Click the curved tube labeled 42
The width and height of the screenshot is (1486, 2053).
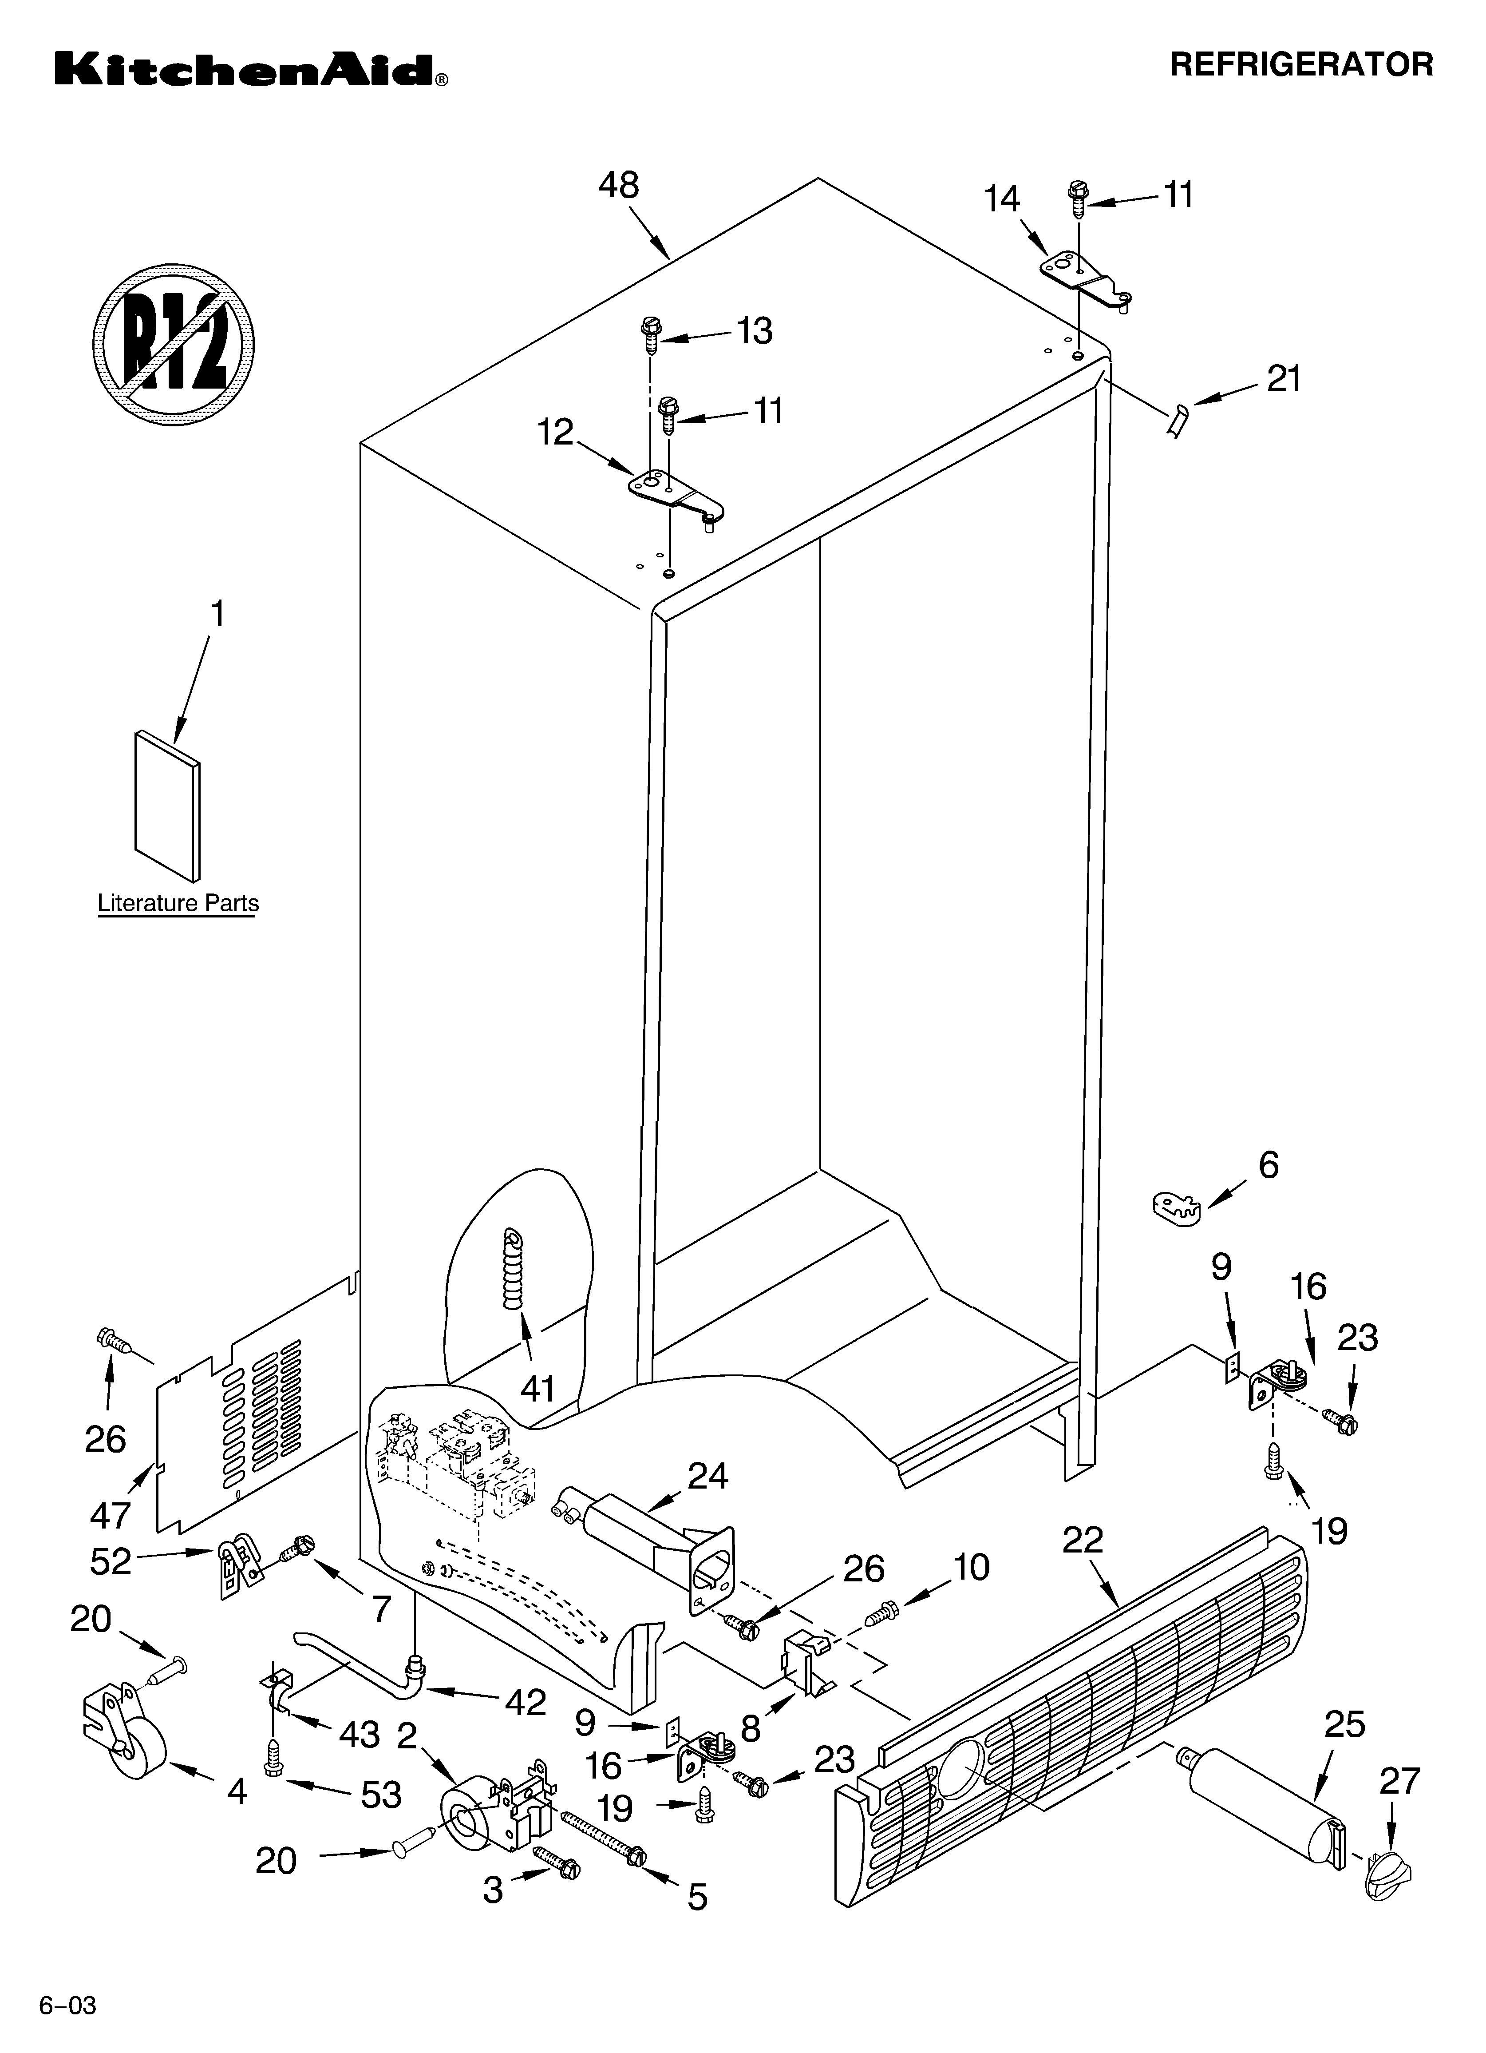(x=362, y=1656)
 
